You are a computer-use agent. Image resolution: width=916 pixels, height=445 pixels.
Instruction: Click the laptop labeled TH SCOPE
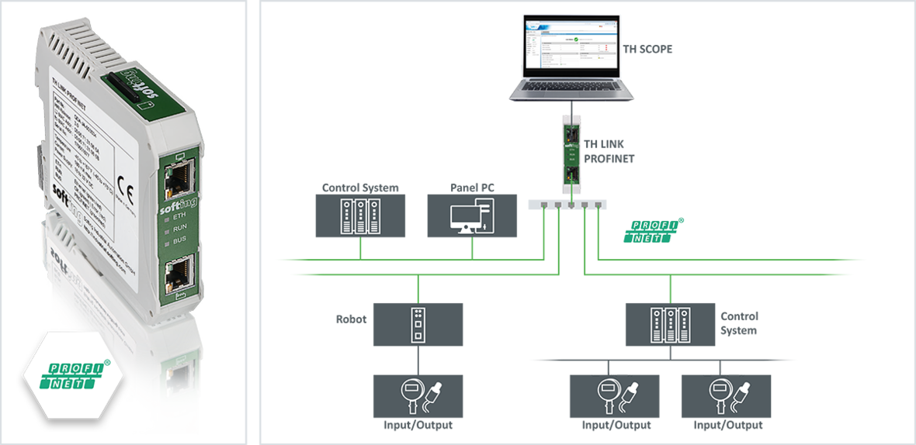[564, 58]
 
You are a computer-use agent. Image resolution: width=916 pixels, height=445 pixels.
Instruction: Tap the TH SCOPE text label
[647, 49]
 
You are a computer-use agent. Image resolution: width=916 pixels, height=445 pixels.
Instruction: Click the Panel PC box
[472, 216]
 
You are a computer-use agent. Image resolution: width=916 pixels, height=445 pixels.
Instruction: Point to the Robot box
[418, 324]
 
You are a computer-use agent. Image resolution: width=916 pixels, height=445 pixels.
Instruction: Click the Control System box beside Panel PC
[359, 216]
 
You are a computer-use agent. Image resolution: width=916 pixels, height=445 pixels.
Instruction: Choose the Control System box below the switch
[670, 324]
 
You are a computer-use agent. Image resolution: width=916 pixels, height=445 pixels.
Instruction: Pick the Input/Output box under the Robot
[418, 396]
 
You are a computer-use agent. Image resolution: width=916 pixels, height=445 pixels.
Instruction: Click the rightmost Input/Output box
[726, 396]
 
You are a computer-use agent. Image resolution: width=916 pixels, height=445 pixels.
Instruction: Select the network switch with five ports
[567, 205]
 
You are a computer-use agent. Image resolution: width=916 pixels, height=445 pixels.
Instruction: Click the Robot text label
[351, 319]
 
